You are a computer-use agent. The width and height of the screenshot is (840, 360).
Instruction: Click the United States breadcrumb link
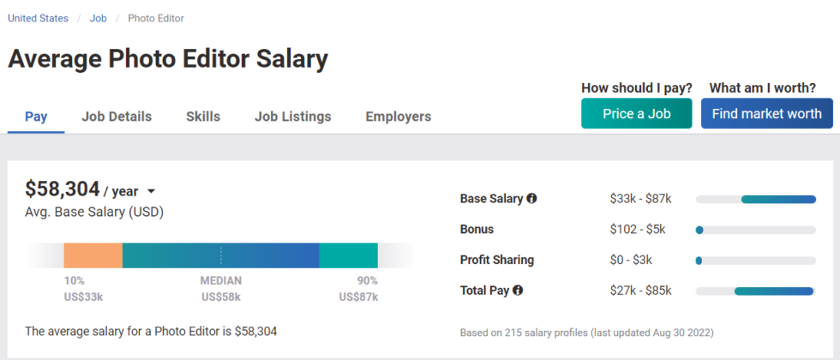[38, 18]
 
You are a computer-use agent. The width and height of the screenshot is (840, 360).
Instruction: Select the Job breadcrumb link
[98, 18]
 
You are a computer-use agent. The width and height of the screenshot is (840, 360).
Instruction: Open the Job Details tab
[117, 117]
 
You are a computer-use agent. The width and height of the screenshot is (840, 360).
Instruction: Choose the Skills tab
[203, 117]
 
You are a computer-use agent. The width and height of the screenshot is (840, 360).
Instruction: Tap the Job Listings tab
[292, 117]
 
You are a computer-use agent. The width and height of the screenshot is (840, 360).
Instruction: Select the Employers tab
[398, 117]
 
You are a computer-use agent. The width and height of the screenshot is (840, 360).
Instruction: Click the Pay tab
[36, 117]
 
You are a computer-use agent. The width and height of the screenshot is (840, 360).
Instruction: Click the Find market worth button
[766, 113]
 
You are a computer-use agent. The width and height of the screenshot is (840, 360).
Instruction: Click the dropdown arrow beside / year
[151, 191]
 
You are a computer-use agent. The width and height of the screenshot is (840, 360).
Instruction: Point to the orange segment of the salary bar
[93, 255]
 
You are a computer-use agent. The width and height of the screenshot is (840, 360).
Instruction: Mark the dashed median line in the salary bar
[221, 255]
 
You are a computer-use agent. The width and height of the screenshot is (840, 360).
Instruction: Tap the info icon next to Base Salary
[531, 198]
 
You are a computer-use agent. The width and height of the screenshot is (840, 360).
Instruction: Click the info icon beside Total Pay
[518, 291]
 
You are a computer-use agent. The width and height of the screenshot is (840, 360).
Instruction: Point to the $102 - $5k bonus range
[638, 230]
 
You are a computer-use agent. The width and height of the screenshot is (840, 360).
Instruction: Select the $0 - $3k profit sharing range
[631, 260]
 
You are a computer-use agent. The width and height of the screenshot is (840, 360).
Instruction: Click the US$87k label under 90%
[358, 297]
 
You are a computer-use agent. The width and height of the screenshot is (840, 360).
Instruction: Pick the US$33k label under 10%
[83, 297]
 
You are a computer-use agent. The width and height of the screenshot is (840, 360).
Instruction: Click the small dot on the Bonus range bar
[699, 230]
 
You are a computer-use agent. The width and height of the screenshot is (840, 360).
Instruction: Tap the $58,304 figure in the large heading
[62, 189]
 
